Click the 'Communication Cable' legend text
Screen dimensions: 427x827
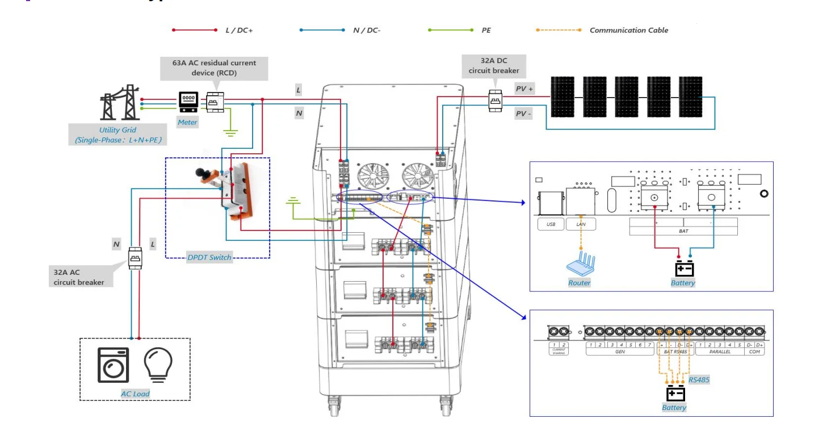(628, 30)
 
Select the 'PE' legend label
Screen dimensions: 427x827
(486, 30)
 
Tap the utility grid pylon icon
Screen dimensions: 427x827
(120, 102)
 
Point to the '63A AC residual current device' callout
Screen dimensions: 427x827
(214, 68)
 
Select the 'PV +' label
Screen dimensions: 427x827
(524, 89)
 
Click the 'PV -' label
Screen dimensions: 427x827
(523, 114)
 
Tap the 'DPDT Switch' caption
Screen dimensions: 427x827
(209, 257)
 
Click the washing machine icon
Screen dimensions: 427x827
(113, 365)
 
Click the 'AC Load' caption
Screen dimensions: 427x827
(135, 393)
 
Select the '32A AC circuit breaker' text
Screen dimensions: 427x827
(79, 277)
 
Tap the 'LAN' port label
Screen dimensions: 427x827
(580, 224)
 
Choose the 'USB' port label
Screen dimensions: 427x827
(551, 224)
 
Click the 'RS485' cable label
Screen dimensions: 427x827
(699, 379)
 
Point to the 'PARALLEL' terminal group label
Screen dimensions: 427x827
(720, 352)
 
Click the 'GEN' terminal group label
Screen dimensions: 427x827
(620, 352)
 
